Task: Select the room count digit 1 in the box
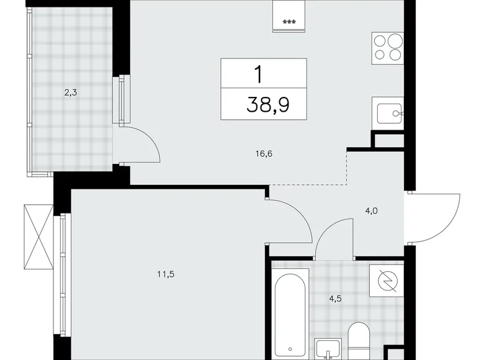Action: pyautogui.click(x=257, y=74)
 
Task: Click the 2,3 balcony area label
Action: pyautogui.click(x=69, y=93)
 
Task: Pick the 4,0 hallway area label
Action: pyautogui.click(x=372, y=210)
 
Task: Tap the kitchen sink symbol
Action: pyautogui.click(x=388, y=114)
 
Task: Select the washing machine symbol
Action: pyautogui.click(x=387, y=280)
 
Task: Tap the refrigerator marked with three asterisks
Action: pyautogui.click(x=289, y=15)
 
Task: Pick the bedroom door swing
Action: pyautogui.click(x=290, y=220)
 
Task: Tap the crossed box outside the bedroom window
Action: pyautogui.click(x=38, y=236)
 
